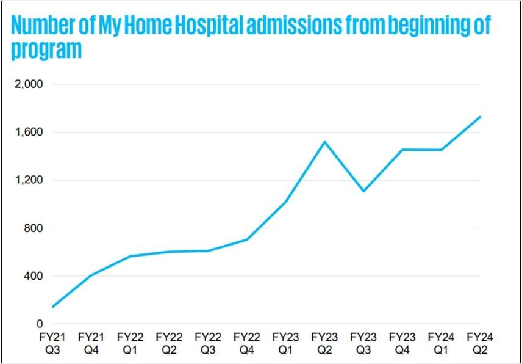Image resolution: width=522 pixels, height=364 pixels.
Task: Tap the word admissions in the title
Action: (295, 26)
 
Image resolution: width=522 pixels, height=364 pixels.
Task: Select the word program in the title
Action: (46, 51)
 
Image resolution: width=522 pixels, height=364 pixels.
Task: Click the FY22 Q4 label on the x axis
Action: (246, 343)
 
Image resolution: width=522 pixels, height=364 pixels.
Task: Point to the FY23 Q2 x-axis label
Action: (324, 343)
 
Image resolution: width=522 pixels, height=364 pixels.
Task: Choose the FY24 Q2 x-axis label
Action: (481, 343)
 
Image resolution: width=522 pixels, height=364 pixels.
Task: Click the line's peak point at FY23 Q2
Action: (324, 142)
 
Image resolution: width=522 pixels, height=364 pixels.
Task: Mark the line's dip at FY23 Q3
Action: (363, 191)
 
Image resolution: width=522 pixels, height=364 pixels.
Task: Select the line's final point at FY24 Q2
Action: (481, 117)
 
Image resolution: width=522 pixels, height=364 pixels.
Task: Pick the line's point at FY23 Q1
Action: (285, 202)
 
